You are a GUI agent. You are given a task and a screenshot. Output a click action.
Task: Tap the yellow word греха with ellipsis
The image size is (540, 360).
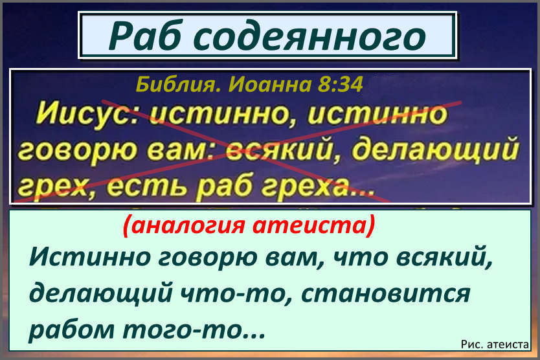314,188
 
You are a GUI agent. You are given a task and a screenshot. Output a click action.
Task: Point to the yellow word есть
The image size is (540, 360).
135,188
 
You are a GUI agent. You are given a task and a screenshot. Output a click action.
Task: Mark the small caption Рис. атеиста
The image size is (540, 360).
495,346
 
